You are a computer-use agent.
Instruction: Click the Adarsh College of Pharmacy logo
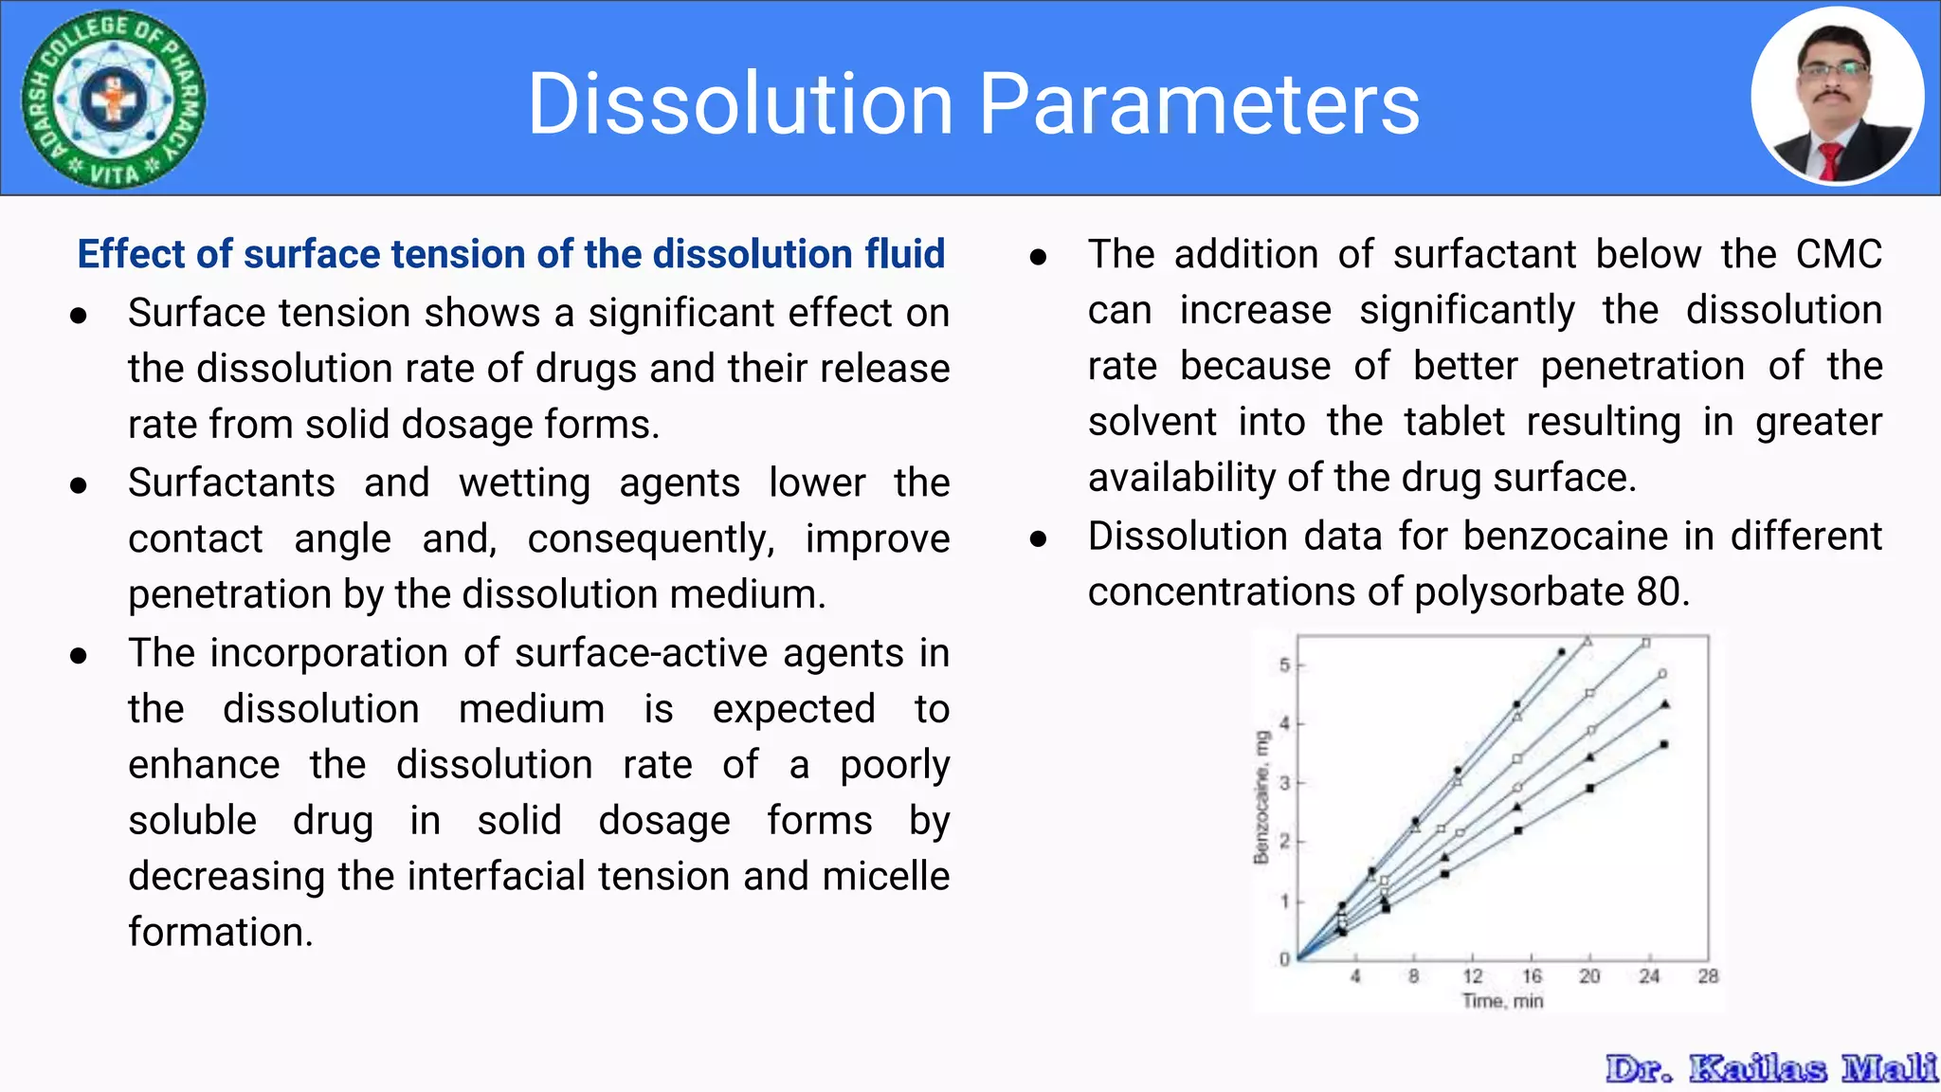coord(114,99)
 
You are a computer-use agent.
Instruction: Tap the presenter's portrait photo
coord(1837,97)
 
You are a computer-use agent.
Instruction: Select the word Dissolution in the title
coord(739,104)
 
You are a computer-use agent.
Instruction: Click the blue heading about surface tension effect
coord(511,254)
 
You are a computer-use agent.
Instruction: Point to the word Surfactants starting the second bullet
coord(231,482)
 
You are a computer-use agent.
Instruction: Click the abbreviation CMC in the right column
coord(1838,254)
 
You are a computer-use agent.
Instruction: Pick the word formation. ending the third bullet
coord(220,932)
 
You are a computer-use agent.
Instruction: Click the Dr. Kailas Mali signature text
coord(1770,1068)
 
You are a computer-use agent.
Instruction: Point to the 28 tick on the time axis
coord(1707,976)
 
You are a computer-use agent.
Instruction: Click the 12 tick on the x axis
coord(1472,976)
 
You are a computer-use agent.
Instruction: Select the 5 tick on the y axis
coord(1284,665)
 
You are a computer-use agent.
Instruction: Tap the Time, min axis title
coord(1502,1001)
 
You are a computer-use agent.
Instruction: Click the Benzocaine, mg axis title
coord(1261,797)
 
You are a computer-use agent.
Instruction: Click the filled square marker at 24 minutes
coord(1663,745)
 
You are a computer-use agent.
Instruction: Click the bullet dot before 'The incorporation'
coord(79,655)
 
